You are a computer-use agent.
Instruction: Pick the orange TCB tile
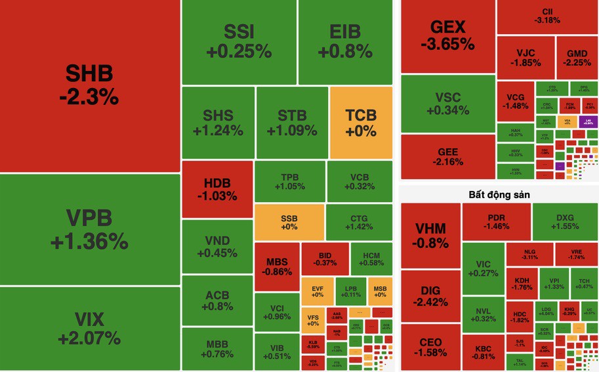(361, 123)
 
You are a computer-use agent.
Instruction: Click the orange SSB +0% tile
(289, 222)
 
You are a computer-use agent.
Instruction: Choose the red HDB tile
(217, 189)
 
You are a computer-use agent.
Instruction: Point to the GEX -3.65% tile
(447, 35)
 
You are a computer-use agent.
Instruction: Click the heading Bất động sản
(499, 195)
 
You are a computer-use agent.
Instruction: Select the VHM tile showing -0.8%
(430, 235)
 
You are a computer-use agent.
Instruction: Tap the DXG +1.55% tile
(564, 222)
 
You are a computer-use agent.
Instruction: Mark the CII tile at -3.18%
(547, 16)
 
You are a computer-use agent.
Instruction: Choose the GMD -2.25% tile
(577, 58)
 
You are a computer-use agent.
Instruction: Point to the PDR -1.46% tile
(496, 222)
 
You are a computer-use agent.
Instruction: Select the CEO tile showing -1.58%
(430, 348)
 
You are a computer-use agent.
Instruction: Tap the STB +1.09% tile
(291, 123)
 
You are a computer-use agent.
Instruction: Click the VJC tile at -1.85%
(525, 58)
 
